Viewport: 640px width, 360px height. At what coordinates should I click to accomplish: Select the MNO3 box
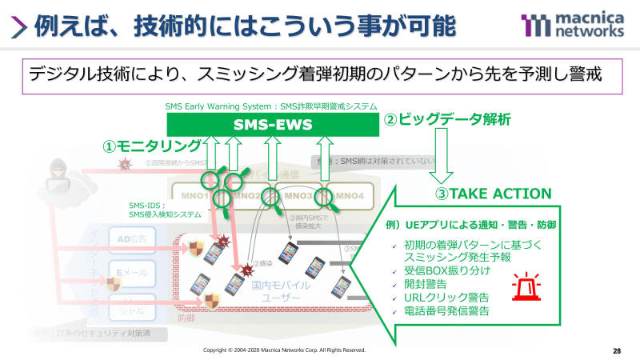click(x=298, y=196)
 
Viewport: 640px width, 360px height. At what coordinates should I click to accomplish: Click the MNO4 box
click(x=350, y=196)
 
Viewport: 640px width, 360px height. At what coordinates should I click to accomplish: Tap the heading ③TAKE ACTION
click(x=493, y=193)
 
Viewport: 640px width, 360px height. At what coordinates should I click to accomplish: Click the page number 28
click(x=617, y=350)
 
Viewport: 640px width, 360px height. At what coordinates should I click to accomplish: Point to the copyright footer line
click(x=284, y=350)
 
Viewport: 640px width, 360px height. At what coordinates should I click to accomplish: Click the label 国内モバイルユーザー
click(x=276, y=291)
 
